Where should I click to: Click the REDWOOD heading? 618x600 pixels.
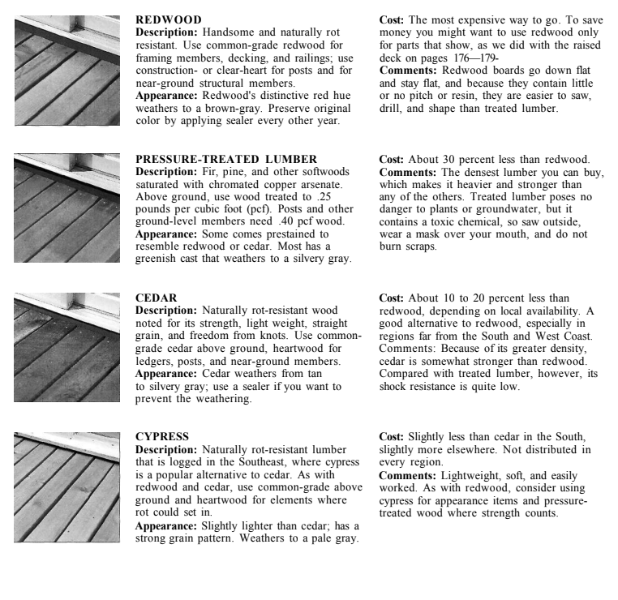169,19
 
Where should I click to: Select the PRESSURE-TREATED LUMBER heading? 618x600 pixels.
225,159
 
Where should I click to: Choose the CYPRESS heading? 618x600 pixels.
162,437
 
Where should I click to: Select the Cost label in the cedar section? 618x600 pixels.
393,298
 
